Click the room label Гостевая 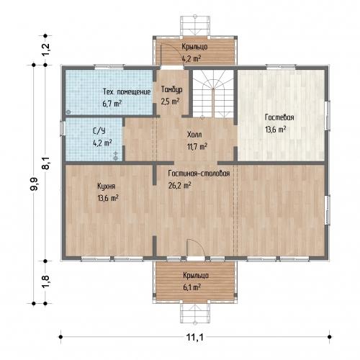[279, 117]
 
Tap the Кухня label [106, 186]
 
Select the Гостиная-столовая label [199, 174]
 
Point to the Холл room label [194, 135]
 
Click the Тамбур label [171, 89]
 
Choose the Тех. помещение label [127, 91]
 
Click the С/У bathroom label [99, 131]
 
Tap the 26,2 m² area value [179, 185]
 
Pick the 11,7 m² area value [197, 146]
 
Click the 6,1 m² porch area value [192, 287]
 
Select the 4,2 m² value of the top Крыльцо [192, 58]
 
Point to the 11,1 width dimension [195, 337]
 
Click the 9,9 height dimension [34, 184]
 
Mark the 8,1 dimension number [46, 163]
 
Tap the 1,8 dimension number [46, 281]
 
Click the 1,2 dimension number [46, 50]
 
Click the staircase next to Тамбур [213, 94]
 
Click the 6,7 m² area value [112, 104]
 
